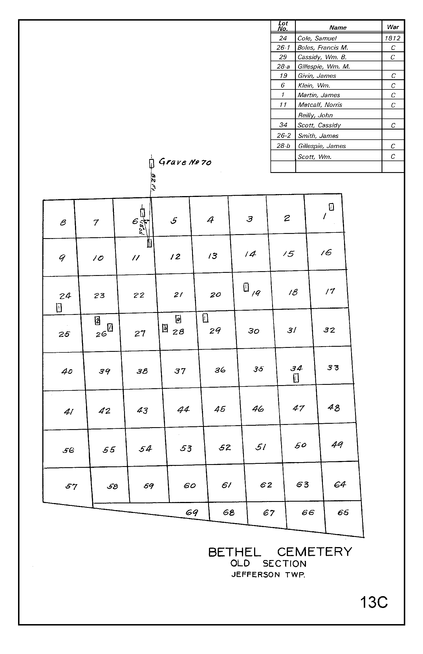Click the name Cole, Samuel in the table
point(317,38)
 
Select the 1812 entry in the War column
point(393,38)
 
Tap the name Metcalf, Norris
point(320,105)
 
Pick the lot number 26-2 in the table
point(283,136)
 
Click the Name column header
point(338,28)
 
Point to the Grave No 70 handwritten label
point(185,162)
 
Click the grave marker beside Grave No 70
point(151,164)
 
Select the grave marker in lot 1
point(332,207)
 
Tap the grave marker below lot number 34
point(296,378)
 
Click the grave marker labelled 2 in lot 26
point(98,321)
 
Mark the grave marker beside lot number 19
point(246,287)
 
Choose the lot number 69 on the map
point(192,512)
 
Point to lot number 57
point(71,486)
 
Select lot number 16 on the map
point(326,253)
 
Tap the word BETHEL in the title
point(235,552)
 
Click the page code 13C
point(374,602)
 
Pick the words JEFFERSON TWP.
point(268,575)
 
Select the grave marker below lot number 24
point(59,308)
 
